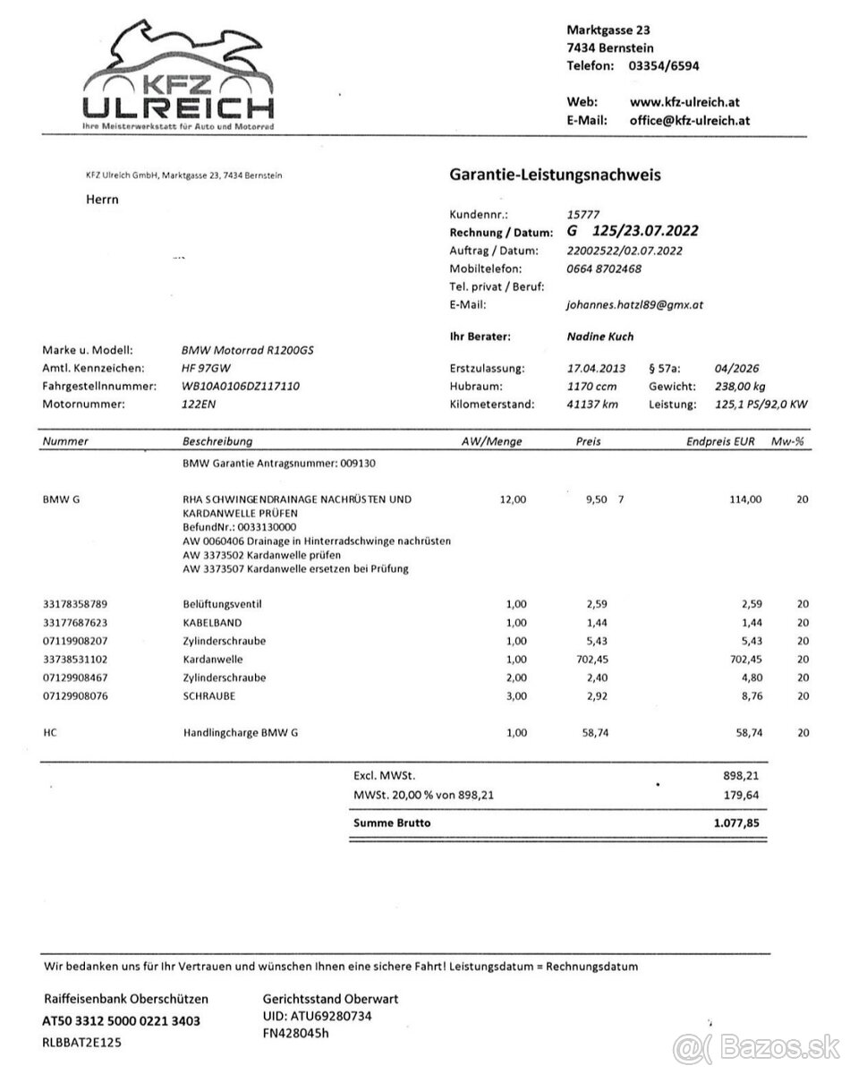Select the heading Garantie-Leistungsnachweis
click(555, 175)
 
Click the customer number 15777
click(584, 215)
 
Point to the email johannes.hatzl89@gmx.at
click(635, 304)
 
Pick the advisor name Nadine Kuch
click(601, 337)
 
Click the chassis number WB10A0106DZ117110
click(241, 386)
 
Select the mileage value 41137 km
click(592, 404)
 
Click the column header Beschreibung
click(217, 441)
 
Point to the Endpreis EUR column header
click(719, 441)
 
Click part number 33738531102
click(80, 659)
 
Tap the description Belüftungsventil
click(222, 604)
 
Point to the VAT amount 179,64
click(742, 795)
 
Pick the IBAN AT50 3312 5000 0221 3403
click(122, 1020)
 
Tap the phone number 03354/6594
click(664, 65)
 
